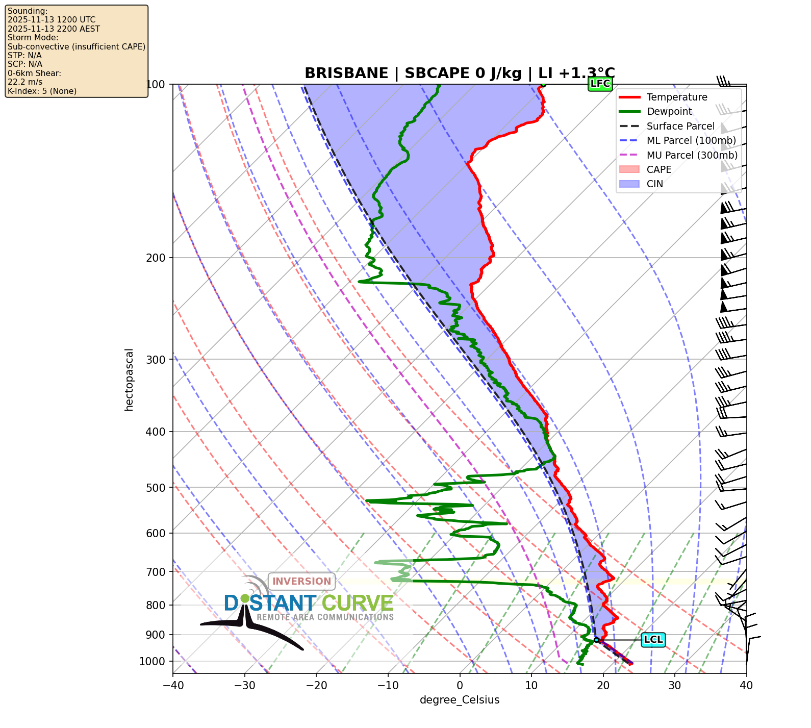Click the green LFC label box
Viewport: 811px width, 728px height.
point(600,84)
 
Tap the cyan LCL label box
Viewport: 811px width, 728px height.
point(653,640)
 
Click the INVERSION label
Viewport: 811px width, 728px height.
point(301,581)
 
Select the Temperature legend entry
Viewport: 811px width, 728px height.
point(676,97)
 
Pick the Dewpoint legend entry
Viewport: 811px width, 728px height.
point(669,111)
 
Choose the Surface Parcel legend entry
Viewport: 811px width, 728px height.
point(680,126)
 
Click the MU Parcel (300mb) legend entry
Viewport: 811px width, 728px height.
point(692,155)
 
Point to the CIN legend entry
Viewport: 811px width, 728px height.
point(654,184)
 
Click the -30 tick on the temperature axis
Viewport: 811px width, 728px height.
point(244,685)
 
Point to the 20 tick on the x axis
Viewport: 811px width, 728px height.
point(603,685)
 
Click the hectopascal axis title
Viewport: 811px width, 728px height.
point(129,380)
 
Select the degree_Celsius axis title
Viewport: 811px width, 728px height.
point(460,700)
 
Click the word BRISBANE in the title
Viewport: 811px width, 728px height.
point(346,73)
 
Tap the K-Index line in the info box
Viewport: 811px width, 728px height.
point(42,91)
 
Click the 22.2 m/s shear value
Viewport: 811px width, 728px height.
point(25,82)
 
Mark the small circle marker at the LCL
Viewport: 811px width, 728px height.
point(596,640)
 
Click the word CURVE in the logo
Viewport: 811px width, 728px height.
point(358,604)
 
